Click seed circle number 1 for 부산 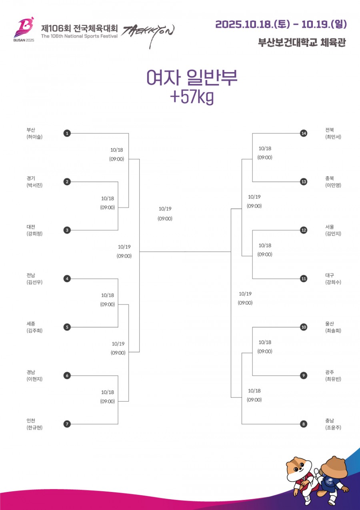[x=67, y=133]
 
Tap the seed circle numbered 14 [x=304, y=133]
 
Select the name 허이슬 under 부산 [x=34, y=137]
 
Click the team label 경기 [x=31, y=178]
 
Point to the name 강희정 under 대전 [x=34, y=234]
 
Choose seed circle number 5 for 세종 [x=67, y=327]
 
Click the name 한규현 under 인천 [x=34, y=428]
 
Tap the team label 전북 [x=330, y=130]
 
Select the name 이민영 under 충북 [x=333, y=185]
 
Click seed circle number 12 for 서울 [x=304, y=230]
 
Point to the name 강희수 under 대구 [x=333, y=282]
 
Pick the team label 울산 [x=330, y=323]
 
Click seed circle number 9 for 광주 [x=304, y=375]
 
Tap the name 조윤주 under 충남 [x=333, y=428]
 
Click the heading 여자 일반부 [x=192, y=78]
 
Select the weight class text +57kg [x=192, y=97]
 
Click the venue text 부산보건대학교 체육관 [x=302, y=42]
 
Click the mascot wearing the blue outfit [x=332, y=476]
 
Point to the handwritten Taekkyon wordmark [x=148, y=34]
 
